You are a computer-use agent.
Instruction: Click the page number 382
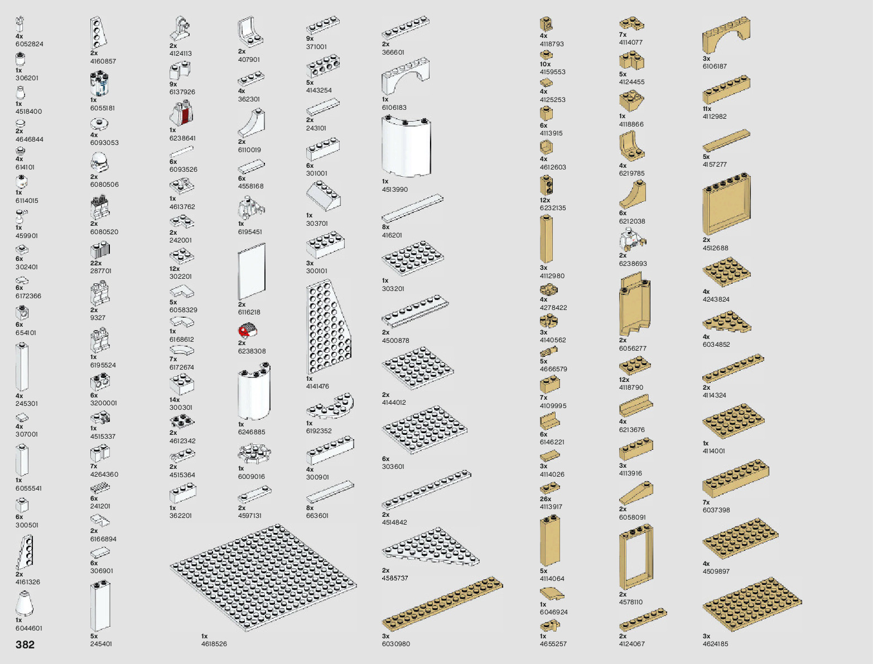pyautogui.click(x=25, y=644)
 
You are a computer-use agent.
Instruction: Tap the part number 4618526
pyautogui.click(x=214, y=644)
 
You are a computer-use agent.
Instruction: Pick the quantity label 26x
pyautogui.click(x=545, y=499)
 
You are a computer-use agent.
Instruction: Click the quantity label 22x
pyautogui.click(x=96, y=263)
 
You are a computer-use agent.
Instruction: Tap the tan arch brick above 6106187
pyautogui.click(x=726, y=36)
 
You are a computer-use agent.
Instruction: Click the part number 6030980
pyautogui.click(x=396, y=644)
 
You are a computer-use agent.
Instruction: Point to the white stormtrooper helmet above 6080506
pyautogui.click(x=99, y=161)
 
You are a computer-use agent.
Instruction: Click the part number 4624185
pyautogui.click(x=716, y=644)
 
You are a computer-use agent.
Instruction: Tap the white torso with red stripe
pyautogui.click(x=182, y=114)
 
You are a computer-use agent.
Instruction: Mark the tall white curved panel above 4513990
pyautogui.click(x=407, y=147)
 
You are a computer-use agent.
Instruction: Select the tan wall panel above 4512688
pyautogui.click(x=726, y=205)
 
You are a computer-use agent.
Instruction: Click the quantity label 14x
pyautogui.click(x=175, y=400)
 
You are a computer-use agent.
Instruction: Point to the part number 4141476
pyautogui.click(x=317, y=386)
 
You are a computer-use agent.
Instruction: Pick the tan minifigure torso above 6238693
pyautogui.click(x=631, y=241)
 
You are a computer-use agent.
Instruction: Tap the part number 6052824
pyautogui.click(x=30, y=44)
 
